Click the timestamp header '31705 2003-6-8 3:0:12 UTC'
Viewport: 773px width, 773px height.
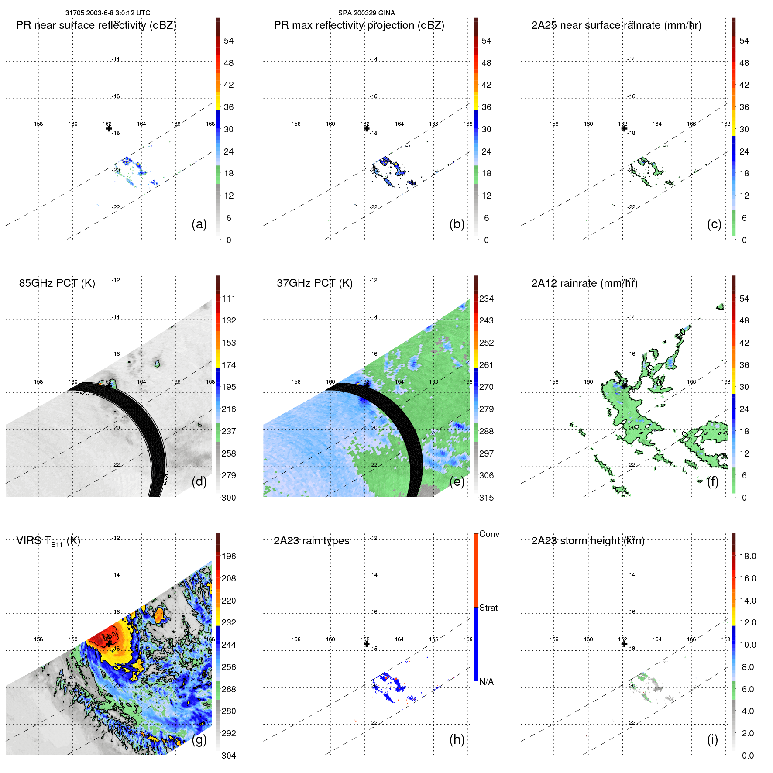(x=108, y=13)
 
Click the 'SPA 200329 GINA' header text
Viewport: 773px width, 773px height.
(x=366, y=13)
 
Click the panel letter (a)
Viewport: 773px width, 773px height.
(x=199, y=224)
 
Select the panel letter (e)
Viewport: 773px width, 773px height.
(x=457, y=481)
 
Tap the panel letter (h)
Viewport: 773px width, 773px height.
(x=457, y=739)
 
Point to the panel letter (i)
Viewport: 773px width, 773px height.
(x=712, y=739)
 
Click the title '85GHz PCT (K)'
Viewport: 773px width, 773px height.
(x=57, y=283)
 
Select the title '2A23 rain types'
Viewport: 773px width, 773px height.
(x=311, y=541)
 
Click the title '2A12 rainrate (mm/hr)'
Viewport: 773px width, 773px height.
(x=584, y=283)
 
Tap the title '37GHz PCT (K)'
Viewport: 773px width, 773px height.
(x=314, y=283)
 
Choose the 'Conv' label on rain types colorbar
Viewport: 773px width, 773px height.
(x=489, y=534)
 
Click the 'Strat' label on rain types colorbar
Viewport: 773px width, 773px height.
(x=488, y=608)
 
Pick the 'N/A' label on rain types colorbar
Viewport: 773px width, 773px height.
(x=486, y=682)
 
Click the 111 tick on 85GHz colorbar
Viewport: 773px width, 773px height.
(x=229, y=299)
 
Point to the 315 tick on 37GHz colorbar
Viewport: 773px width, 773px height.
(x=486, y=498)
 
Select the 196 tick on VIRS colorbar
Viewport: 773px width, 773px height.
(x=229, y=556)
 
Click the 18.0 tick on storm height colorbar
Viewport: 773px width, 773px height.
(x=748, y=556)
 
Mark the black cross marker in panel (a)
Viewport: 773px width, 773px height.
(x=109, y=128)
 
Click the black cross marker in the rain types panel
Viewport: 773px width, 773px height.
(x=366, y=644)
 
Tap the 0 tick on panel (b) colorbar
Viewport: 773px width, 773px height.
(x=486, y=240)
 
